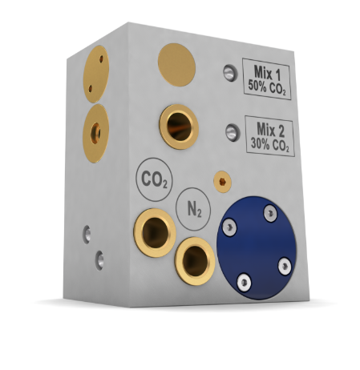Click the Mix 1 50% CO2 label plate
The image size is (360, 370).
pos(266,79)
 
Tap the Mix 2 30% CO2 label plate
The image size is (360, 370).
pos(269,136)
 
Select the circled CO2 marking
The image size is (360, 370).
pos(154,179)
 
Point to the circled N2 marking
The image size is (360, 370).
pos(193,209)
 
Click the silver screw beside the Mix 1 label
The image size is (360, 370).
pos(230,73)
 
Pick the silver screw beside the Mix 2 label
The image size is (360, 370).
pos(233,132)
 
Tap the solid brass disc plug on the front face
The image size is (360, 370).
pos(176,65)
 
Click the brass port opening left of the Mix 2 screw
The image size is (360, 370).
pos(179,127)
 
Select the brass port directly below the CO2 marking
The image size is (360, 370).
pos(155,233)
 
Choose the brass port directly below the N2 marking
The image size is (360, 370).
pos(195,261)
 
